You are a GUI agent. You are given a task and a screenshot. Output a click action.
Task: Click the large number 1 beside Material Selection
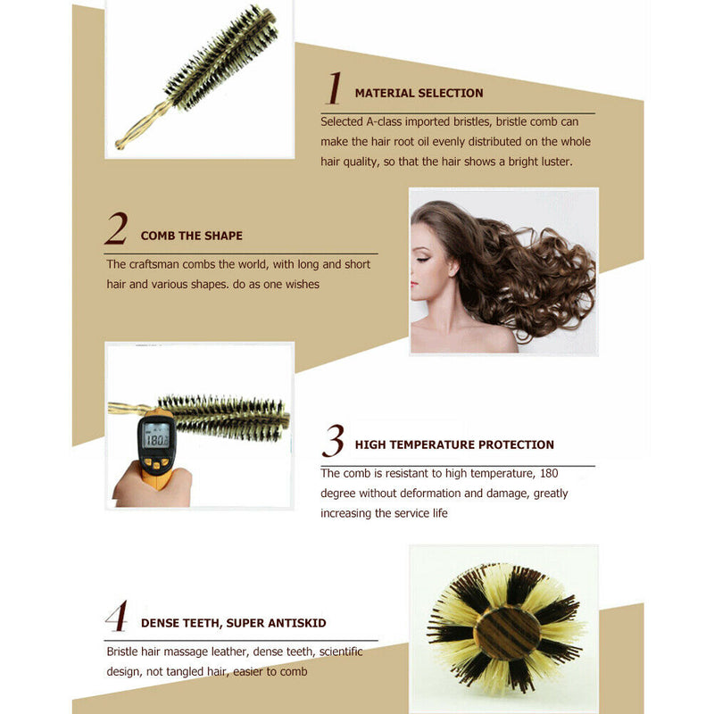pos(334,89)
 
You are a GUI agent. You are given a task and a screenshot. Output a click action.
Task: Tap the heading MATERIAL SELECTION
pos(419,93)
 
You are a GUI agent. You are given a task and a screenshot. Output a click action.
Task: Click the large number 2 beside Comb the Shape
pos(116,229)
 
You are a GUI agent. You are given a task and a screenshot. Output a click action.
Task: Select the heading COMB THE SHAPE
pos(191,236)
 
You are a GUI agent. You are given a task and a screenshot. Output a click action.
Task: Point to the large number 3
pos(333,441)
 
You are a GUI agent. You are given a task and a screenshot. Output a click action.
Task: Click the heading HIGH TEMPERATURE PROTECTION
pos(454,444)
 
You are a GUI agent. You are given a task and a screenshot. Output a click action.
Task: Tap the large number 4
pos(116,616)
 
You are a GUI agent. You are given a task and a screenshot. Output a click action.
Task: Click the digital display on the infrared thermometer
pos(155,439)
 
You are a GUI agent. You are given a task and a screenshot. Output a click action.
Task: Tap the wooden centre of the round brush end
pos(506,632)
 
